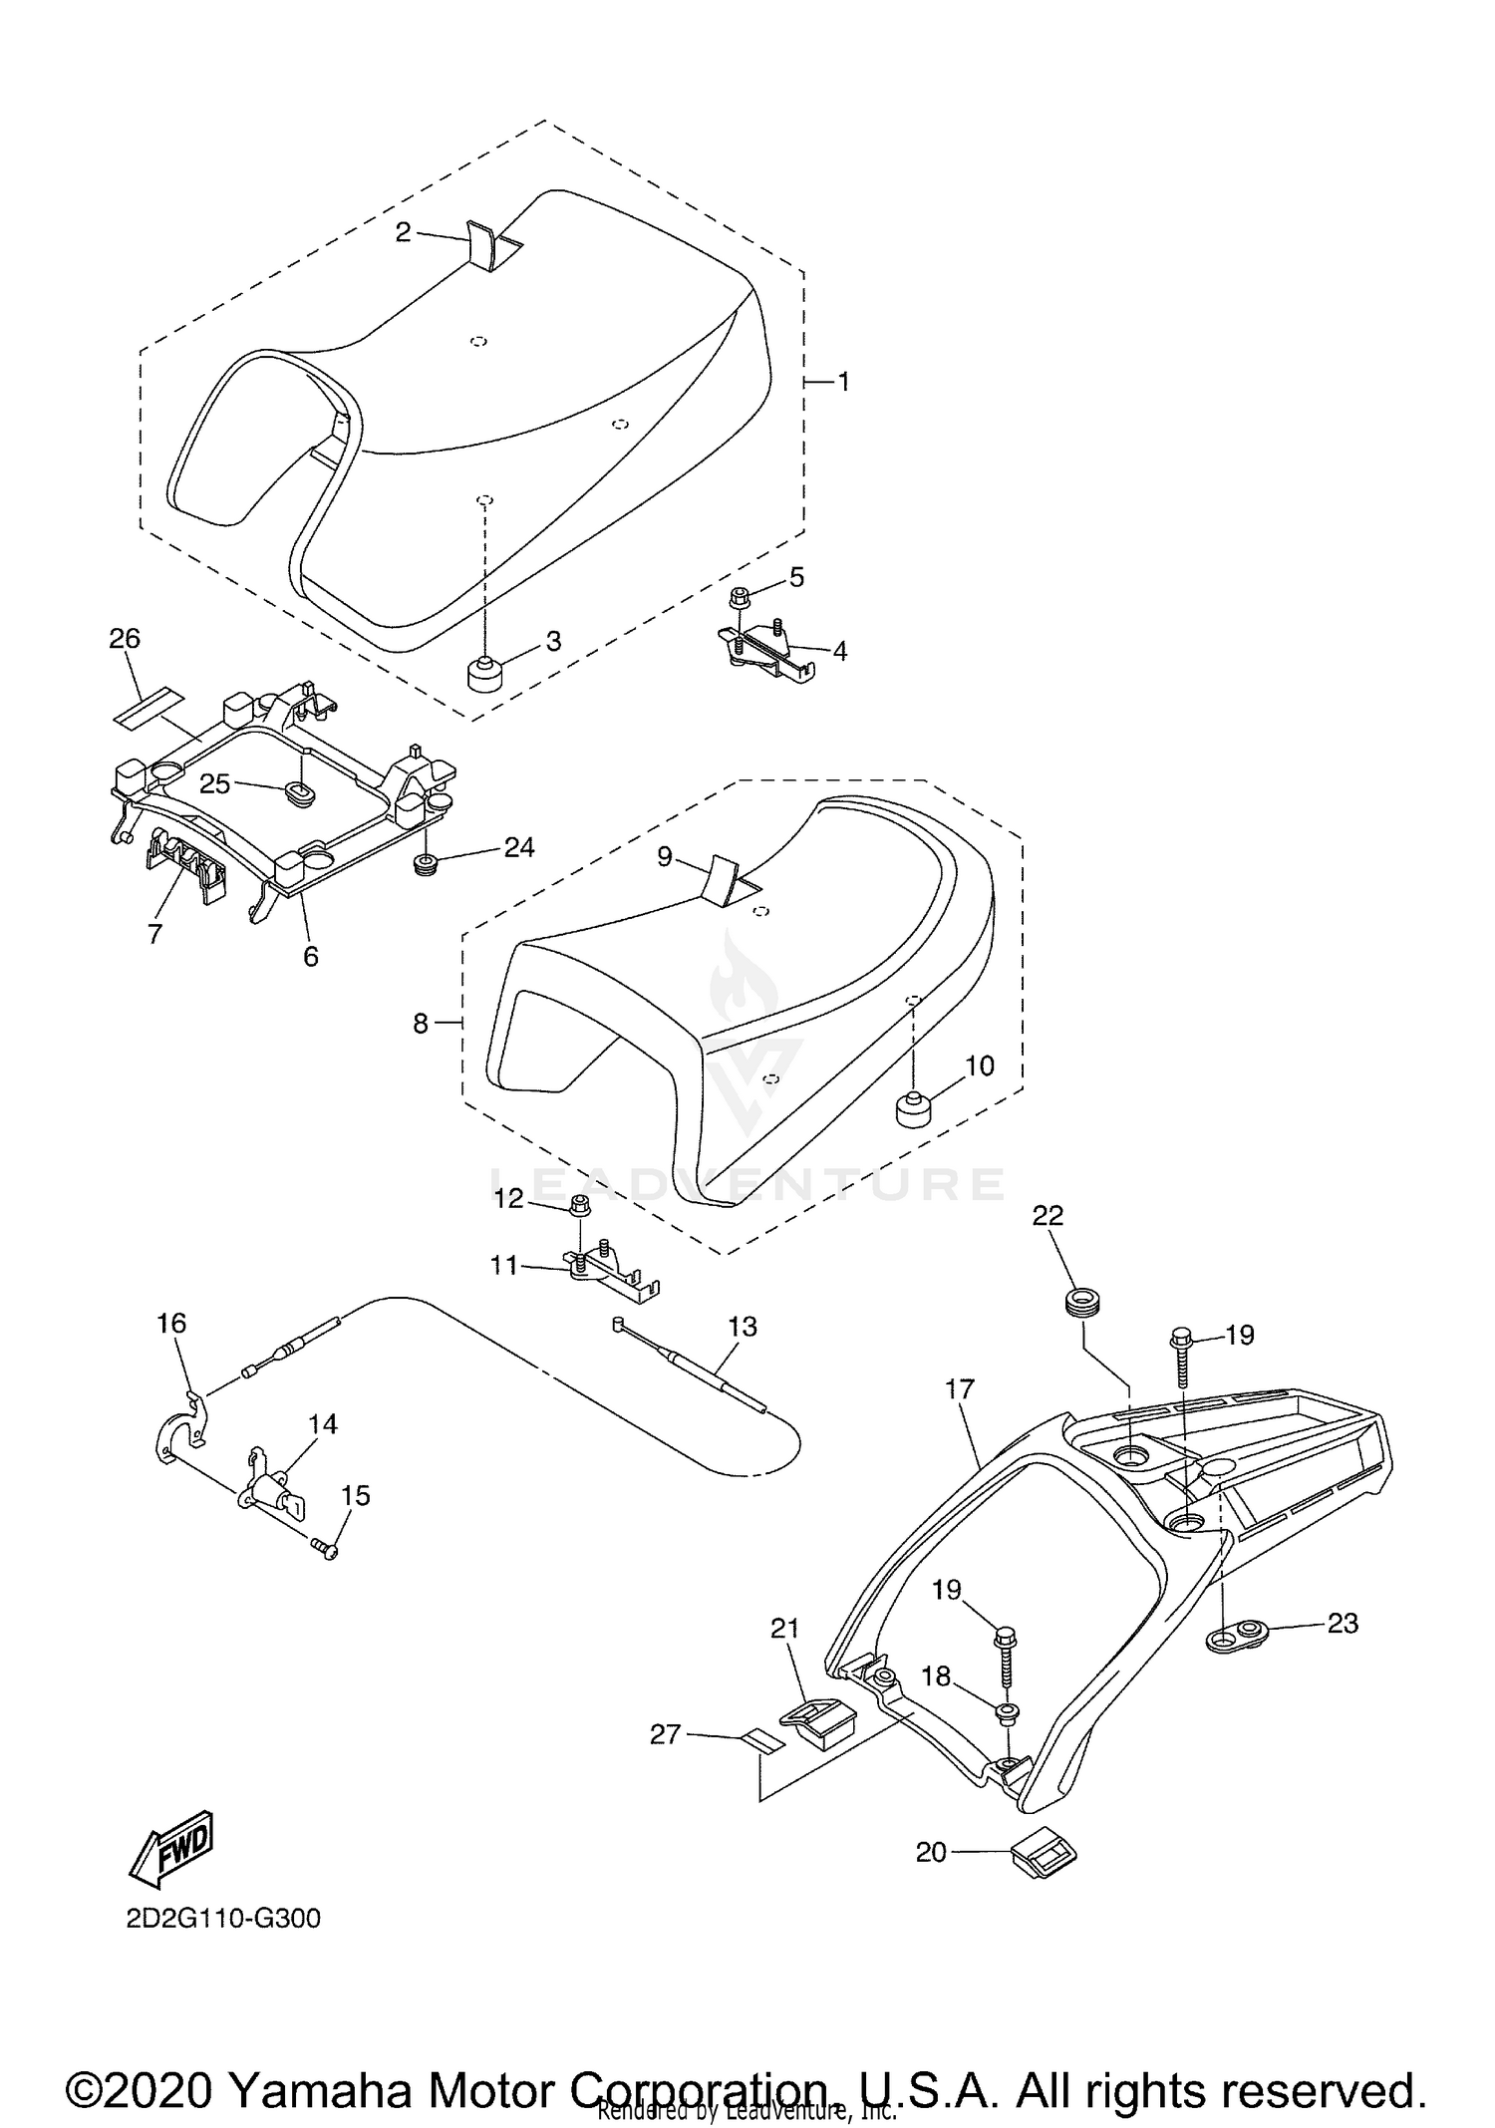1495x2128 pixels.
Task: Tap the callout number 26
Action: [125, 638]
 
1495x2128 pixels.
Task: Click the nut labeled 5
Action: [740, 598]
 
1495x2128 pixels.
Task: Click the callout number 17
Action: [960, 1388]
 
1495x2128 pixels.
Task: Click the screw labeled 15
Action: [324, 1546]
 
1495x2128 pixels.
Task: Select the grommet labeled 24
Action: [427, 860]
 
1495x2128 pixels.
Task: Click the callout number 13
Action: [743, 1326]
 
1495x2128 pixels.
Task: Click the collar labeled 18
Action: [1007, 1712]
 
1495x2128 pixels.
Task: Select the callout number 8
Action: [421, 1023]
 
